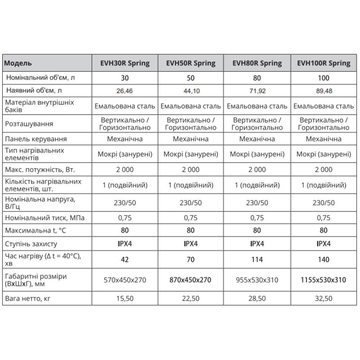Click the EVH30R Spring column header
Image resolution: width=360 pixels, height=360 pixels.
point(125,63)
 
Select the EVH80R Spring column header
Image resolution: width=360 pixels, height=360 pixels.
point(257,63)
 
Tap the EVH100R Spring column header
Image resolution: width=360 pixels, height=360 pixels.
point(324,63)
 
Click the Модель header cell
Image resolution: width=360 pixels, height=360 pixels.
point(18,63)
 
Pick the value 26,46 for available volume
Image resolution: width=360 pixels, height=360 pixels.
point(125,90)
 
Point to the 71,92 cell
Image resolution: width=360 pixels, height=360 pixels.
point(257,90)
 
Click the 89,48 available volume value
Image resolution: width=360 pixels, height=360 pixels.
point(324,90)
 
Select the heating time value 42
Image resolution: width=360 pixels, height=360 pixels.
point(125,259)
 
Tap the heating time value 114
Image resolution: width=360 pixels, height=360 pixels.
point(257,259)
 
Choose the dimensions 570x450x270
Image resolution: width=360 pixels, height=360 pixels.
point(125,280)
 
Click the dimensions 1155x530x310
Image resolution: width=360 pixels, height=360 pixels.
point(324,280)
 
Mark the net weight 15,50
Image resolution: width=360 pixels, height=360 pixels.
point(125,297)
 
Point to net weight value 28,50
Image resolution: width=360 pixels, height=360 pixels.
point(257,297)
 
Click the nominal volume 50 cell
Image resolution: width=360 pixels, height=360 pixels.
point(191,77)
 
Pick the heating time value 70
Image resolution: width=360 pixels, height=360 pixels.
point(191,259)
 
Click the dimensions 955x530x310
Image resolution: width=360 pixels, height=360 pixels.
point(257,280)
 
